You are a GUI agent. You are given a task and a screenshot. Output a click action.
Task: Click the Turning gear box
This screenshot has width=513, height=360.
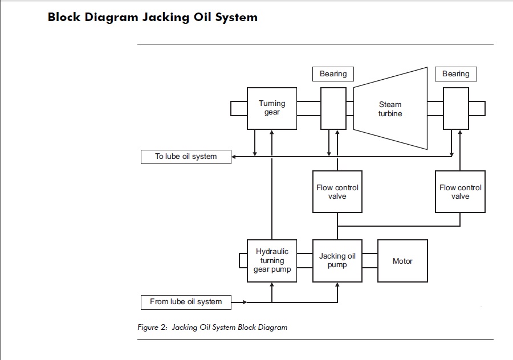tap(271, 108)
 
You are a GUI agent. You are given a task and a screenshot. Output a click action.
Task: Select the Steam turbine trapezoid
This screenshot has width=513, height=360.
tap(390, 108)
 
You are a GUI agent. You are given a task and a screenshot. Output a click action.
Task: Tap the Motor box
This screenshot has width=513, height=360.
tap(402, 261)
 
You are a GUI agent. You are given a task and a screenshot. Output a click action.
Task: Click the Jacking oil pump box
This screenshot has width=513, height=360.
tap(337, 261)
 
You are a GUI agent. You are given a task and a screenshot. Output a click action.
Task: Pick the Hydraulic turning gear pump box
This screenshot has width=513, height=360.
tap(272, 261)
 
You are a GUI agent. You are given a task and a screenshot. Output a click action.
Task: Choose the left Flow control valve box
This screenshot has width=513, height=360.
tap(337, 191)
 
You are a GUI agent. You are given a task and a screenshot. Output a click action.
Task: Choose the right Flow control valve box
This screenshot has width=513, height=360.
tap(460, 191)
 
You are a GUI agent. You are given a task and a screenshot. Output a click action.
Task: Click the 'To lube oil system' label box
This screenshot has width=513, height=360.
tap(186, 156)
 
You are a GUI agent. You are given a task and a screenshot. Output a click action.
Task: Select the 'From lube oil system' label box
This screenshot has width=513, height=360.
tap(186, 301)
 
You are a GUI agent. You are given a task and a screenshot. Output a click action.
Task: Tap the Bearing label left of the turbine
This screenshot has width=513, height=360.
tap(333, 73)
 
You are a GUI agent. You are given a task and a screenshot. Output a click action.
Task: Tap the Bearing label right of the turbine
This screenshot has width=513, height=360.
tap(455, 73)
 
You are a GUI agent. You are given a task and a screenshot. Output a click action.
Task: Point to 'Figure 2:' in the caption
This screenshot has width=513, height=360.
tap(152, 328)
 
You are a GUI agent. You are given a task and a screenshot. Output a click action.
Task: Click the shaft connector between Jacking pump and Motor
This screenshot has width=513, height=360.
tap(369, 261)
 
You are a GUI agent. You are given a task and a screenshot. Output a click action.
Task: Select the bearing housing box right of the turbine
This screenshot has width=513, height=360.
tap(455, 108)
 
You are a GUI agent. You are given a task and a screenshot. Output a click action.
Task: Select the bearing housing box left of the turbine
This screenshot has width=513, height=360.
tap(333, 108)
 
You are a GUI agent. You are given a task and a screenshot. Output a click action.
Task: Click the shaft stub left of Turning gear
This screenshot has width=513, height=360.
tap(238, 108)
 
